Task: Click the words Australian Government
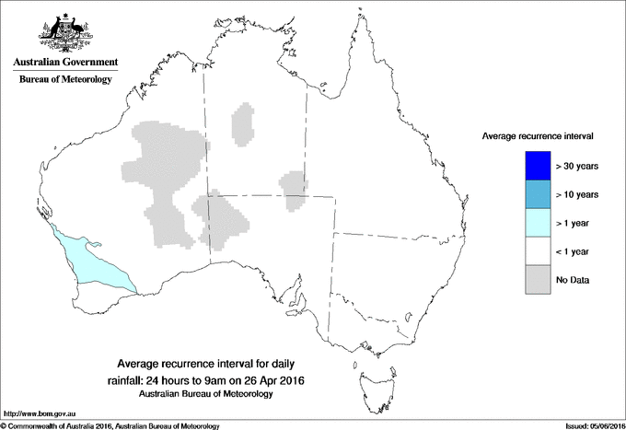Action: click(65, 63)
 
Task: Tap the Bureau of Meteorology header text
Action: click(65, 80)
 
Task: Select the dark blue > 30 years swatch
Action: click(537, 166)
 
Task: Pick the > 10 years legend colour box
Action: click(537, 194)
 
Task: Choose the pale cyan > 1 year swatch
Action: click(537, 223)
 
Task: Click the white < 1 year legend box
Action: click(537, 251)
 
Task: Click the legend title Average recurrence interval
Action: click(538, 136)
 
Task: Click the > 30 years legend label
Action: click(577, 166)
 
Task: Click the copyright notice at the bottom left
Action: click(110, 425)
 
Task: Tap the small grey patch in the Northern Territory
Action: click(243, 125)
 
